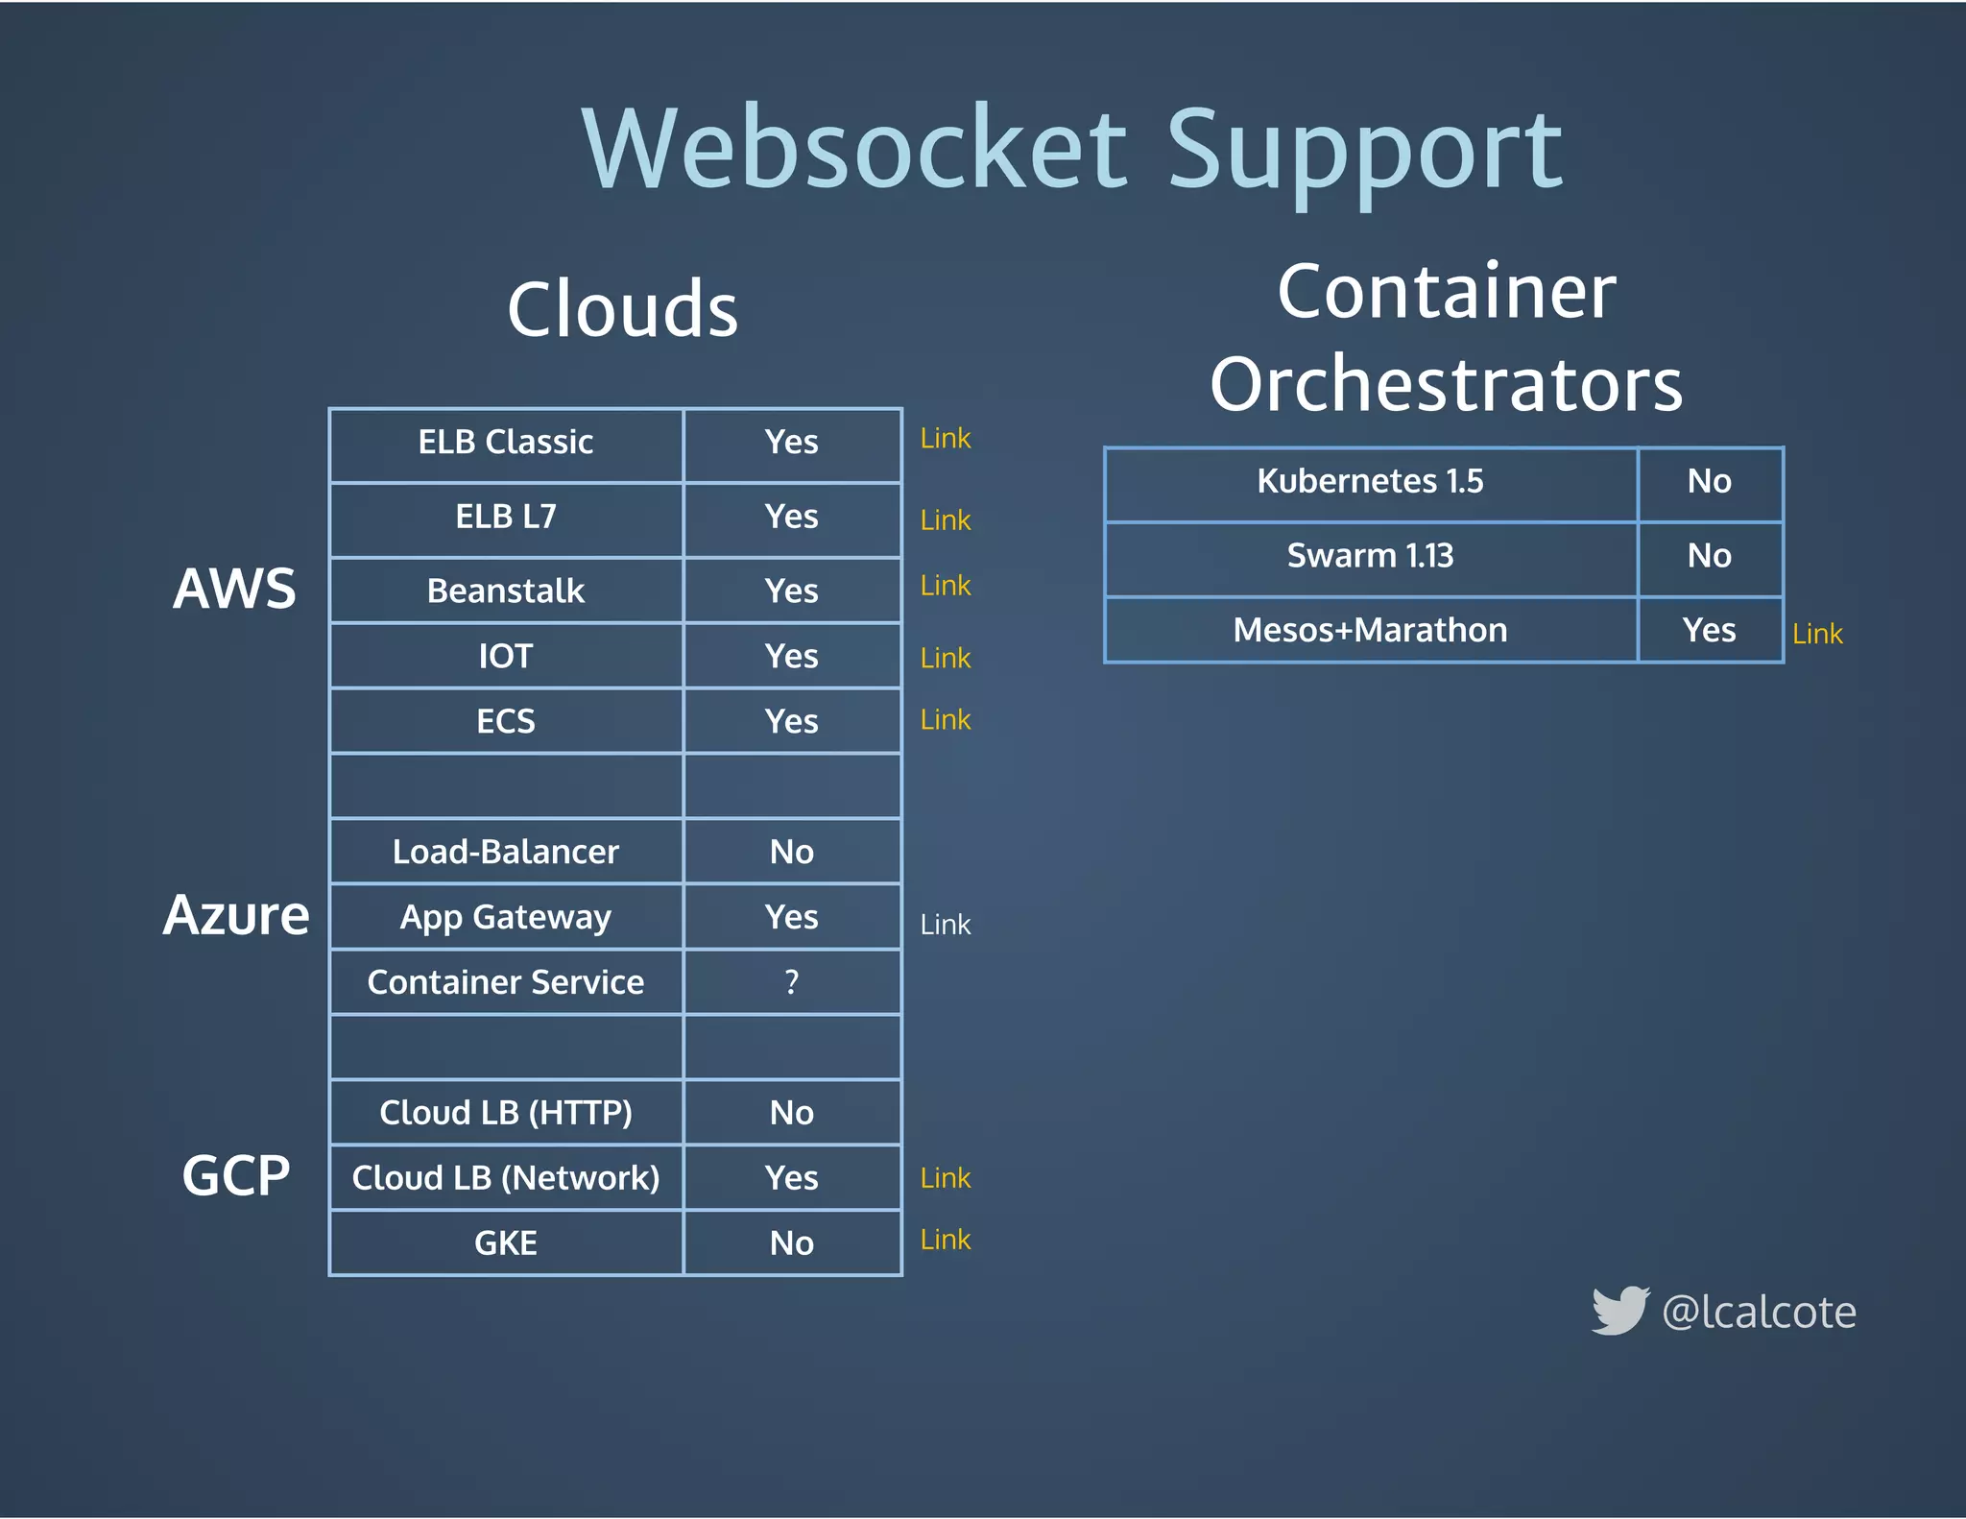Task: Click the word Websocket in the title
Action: point(855,151)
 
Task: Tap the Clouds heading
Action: point(622,309)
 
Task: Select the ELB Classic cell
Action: point(506,443)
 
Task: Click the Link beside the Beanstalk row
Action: point(945,586)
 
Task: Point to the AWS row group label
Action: point(235,588)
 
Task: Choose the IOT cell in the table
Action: point(506,657)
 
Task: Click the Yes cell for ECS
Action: point(791,721)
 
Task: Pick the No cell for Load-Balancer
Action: point(791,852)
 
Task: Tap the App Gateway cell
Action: point(506,917)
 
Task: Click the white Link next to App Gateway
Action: point(945,925)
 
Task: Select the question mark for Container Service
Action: point(791,982)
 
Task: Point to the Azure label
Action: point(236,915)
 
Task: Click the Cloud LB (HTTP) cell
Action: point(506,1113)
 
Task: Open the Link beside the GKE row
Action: point(945,1240)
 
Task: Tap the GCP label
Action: point(236,1175)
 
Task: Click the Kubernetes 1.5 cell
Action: point(1370,481)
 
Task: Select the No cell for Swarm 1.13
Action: point(1709,556)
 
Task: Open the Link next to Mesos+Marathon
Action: point(1817,634)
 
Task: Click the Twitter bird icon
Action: point(1619,1311)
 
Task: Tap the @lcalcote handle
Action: point(1759,1313)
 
